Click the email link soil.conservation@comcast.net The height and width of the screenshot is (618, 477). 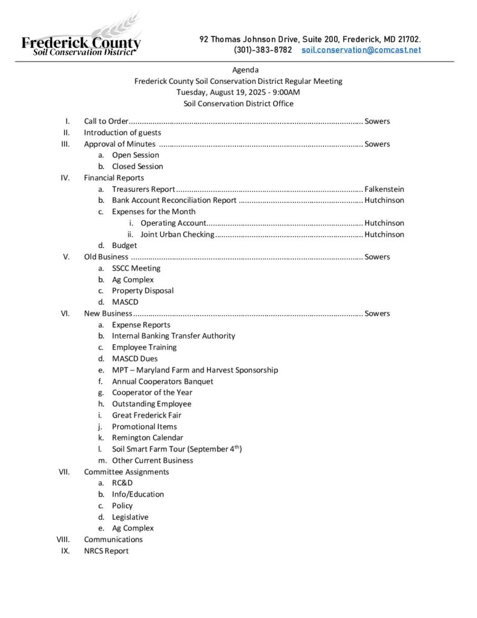tap(361, 50)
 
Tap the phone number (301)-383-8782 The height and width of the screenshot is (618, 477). tap(263, 50)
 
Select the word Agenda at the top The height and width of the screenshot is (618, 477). tap(245, 70)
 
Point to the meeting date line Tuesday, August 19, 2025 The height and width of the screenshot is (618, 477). tap(238, 92)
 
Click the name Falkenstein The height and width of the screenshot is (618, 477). tap(384, 189)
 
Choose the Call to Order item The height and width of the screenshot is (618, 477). tap(106, 121)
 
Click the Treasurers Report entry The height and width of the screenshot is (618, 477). tap(144, 189)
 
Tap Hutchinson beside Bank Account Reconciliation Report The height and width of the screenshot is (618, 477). tap(384, 200)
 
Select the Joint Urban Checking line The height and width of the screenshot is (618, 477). tap(177, 234)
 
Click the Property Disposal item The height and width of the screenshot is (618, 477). tap(143, 291)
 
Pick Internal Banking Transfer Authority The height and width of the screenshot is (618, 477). tap(174, 336)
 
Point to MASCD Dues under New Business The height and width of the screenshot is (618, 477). tap(135, 358)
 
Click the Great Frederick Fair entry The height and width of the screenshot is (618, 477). tap(147, 415)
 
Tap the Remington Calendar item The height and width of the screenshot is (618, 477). tap(148, 438)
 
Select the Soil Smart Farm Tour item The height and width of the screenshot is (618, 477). tap(177, 449)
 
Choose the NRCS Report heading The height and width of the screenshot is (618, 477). tap(106, 551)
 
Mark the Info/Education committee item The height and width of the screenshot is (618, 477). tap(138, 494)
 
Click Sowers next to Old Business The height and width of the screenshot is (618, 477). tap(377, 257)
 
